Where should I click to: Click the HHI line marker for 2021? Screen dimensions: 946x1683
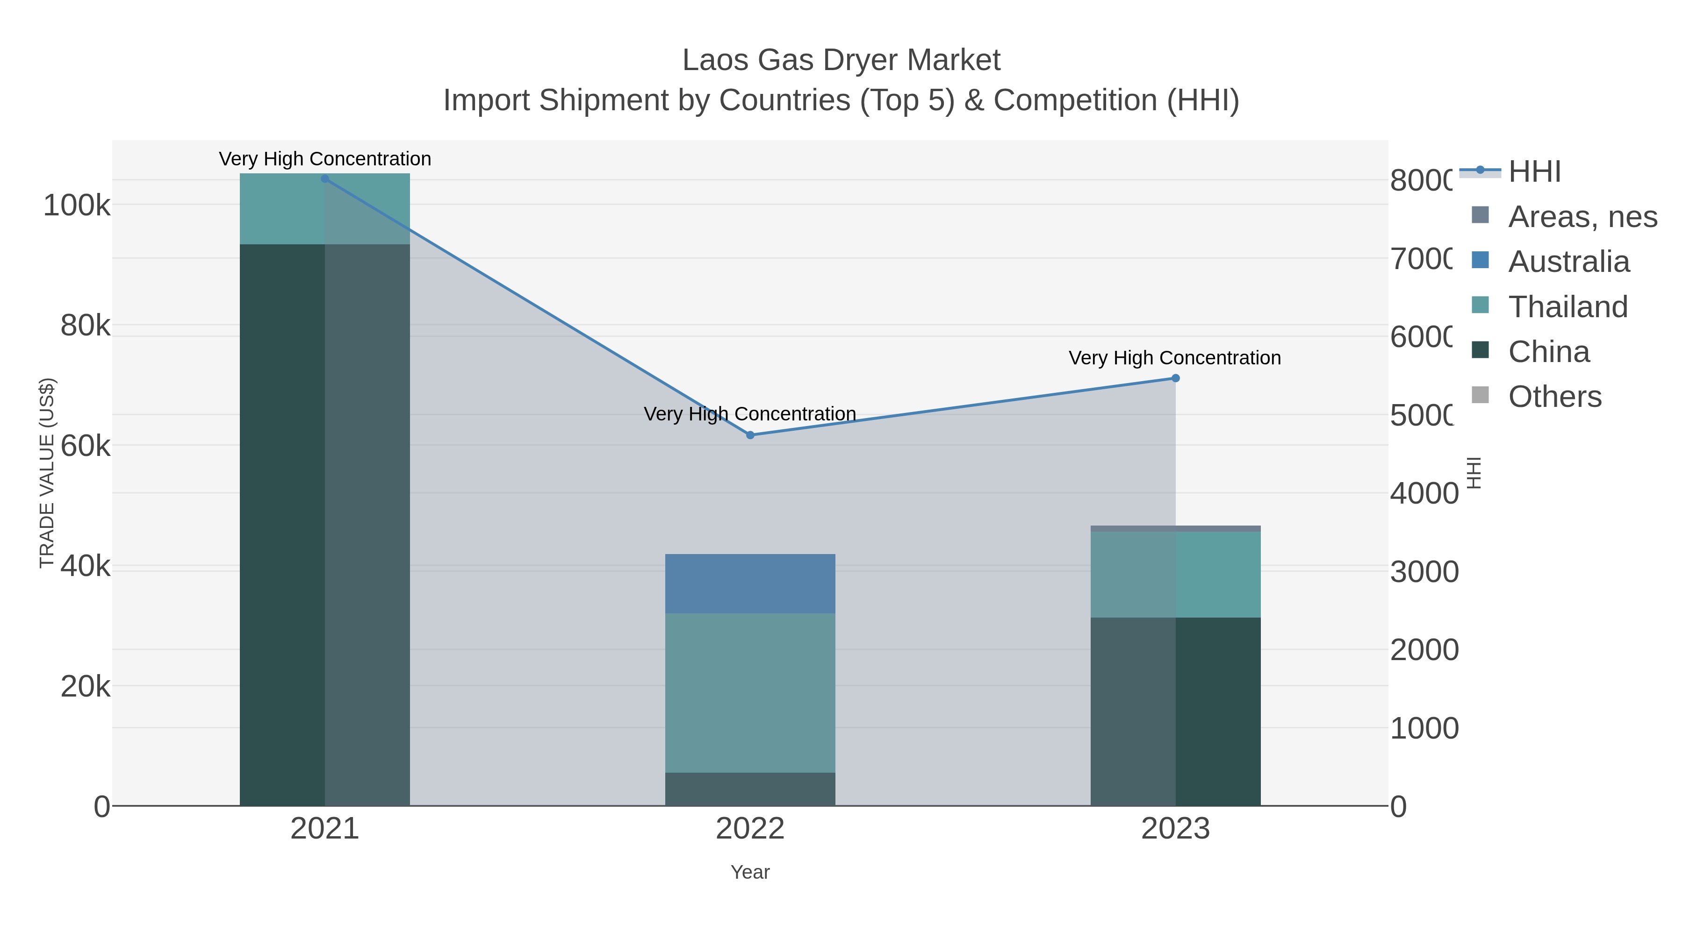pos(325,178)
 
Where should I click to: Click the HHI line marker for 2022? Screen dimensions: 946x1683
pos(750,435)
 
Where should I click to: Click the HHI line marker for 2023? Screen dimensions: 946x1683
pos(1175,378)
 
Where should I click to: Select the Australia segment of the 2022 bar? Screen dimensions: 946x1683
pos(750,583)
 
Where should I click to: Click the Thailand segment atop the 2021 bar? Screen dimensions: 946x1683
pos(325,208)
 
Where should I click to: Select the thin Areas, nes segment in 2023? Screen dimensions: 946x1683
pos(1175,528)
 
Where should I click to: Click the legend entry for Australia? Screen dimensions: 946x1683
pos(1568,262)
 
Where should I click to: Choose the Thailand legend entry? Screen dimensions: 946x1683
pos(1568,307)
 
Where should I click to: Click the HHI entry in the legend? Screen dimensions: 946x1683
pos(1533,172)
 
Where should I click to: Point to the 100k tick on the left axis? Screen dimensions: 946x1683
pos(77,206)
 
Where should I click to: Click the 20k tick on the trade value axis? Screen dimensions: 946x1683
pos(85,687)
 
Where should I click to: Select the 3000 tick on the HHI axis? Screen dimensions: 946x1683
pos(1424,572)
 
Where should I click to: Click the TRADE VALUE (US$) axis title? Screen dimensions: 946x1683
pos(47,473)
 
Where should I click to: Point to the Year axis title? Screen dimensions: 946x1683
pos(750,872)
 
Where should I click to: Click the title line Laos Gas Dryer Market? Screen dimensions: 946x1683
pos(841,60)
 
